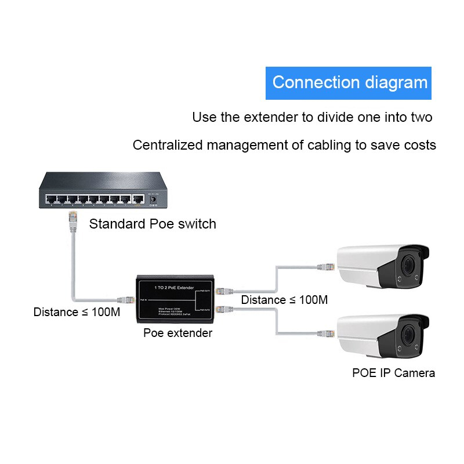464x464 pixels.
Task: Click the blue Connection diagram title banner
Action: coord(349,82)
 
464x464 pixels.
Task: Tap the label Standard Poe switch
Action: coord(153,224)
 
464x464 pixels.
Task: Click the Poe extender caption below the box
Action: coord(178,333)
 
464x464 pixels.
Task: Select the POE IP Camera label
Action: coord(393,373)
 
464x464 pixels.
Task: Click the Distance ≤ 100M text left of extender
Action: coord(77,312)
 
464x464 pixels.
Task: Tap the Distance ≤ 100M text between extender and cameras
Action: coord(284,300)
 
